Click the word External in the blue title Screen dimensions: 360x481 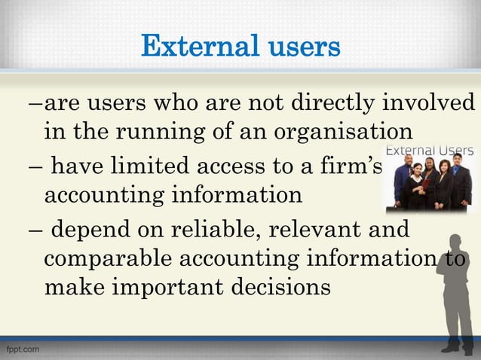(193, 47)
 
